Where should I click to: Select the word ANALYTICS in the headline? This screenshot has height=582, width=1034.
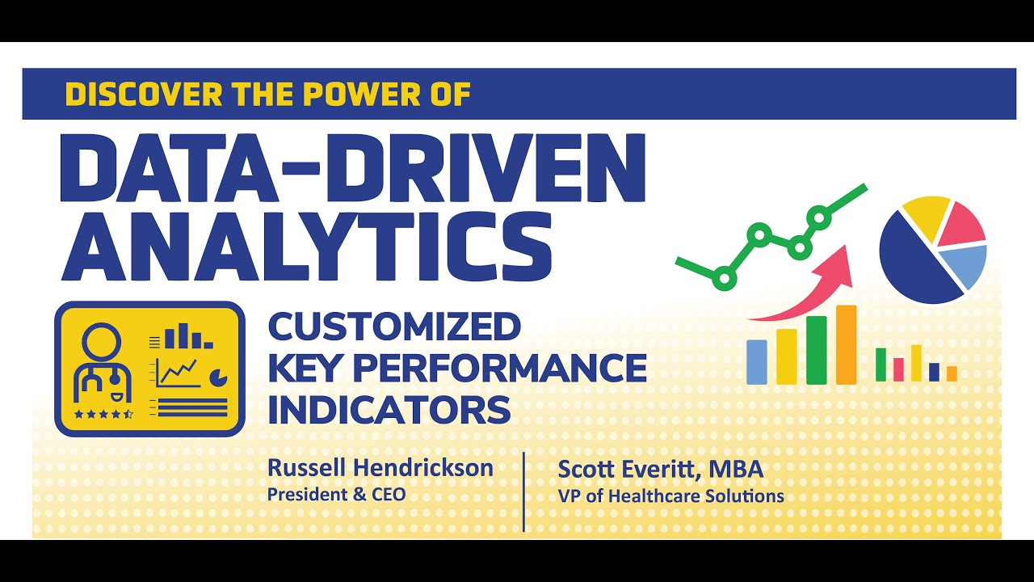click(306, 240)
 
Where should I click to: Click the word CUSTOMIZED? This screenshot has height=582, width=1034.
click(394, 327)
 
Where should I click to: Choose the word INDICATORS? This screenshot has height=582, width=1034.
click(389, 409)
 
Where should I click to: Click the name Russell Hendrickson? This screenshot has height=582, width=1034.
click(380, 467)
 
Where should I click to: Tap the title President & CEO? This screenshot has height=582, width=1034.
click(337, 493)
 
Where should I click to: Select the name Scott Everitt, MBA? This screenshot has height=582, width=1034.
click(660, 469)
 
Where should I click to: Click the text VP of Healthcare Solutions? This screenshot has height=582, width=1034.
click(670, 496)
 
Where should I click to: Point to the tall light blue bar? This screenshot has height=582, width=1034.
click(757, 361)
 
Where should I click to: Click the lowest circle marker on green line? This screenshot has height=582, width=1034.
click(725, 279)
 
